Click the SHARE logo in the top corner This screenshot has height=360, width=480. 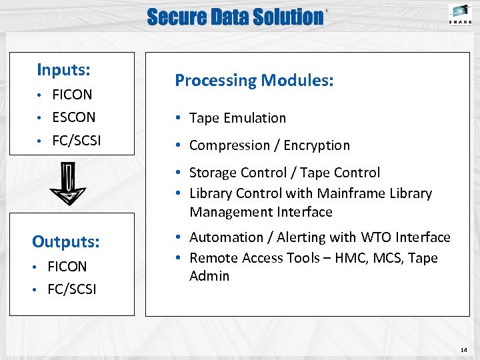tap(459, 14)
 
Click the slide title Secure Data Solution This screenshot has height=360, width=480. tap(235, 17)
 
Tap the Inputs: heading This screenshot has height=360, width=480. tap(64, 69)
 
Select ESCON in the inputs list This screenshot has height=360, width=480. tap(74, 117)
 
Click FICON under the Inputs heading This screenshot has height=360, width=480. tap(72, 95)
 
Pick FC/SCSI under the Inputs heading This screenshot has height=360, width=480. tap(76, 141)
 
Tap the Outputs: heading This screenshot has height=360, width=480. tap(66, 241)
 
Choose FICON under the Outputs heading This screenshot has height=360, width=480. tap(67, 267)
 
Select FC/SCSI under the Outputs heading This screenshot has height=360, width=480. tap(71, 289)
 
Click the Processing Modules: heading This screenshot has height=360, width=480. tap(254, 81)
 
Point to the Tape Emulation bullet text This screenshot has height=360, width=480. tap(237, 118)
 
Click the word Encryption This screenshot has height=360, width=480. tap(317, 145)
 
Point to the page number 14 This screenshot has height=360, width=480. tap(464, 350)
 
